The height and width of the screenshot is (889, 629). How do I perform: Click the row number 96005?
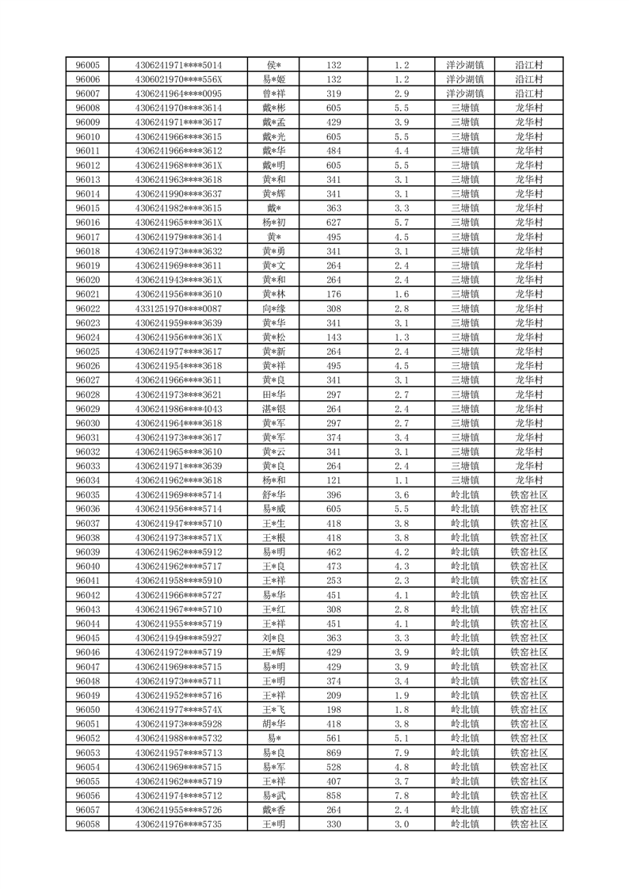87,65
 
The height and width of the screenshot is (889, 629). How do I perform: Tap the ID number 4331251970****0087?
178,308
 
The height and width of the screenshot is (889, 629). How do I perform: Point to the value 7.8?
401,796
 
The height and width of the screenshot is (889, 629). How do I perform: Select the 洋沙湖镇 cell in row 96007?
465,93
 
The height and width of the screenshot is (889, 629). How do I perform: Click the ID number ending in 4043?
178,409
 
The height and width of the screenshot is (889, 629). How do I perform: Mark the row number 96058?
87,824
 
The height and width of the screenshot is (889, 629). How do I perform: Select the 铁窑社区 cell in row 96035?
528,494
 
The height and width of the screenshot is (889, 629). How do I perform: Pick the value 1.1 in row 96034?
401,480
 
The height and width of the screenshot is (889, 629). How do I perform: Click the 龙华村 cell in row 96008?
528,108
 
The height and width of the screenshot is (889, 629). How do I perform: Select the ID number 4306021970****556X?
178,79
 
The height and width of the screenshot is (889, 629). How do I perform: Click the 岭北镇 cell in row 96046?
465,652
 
